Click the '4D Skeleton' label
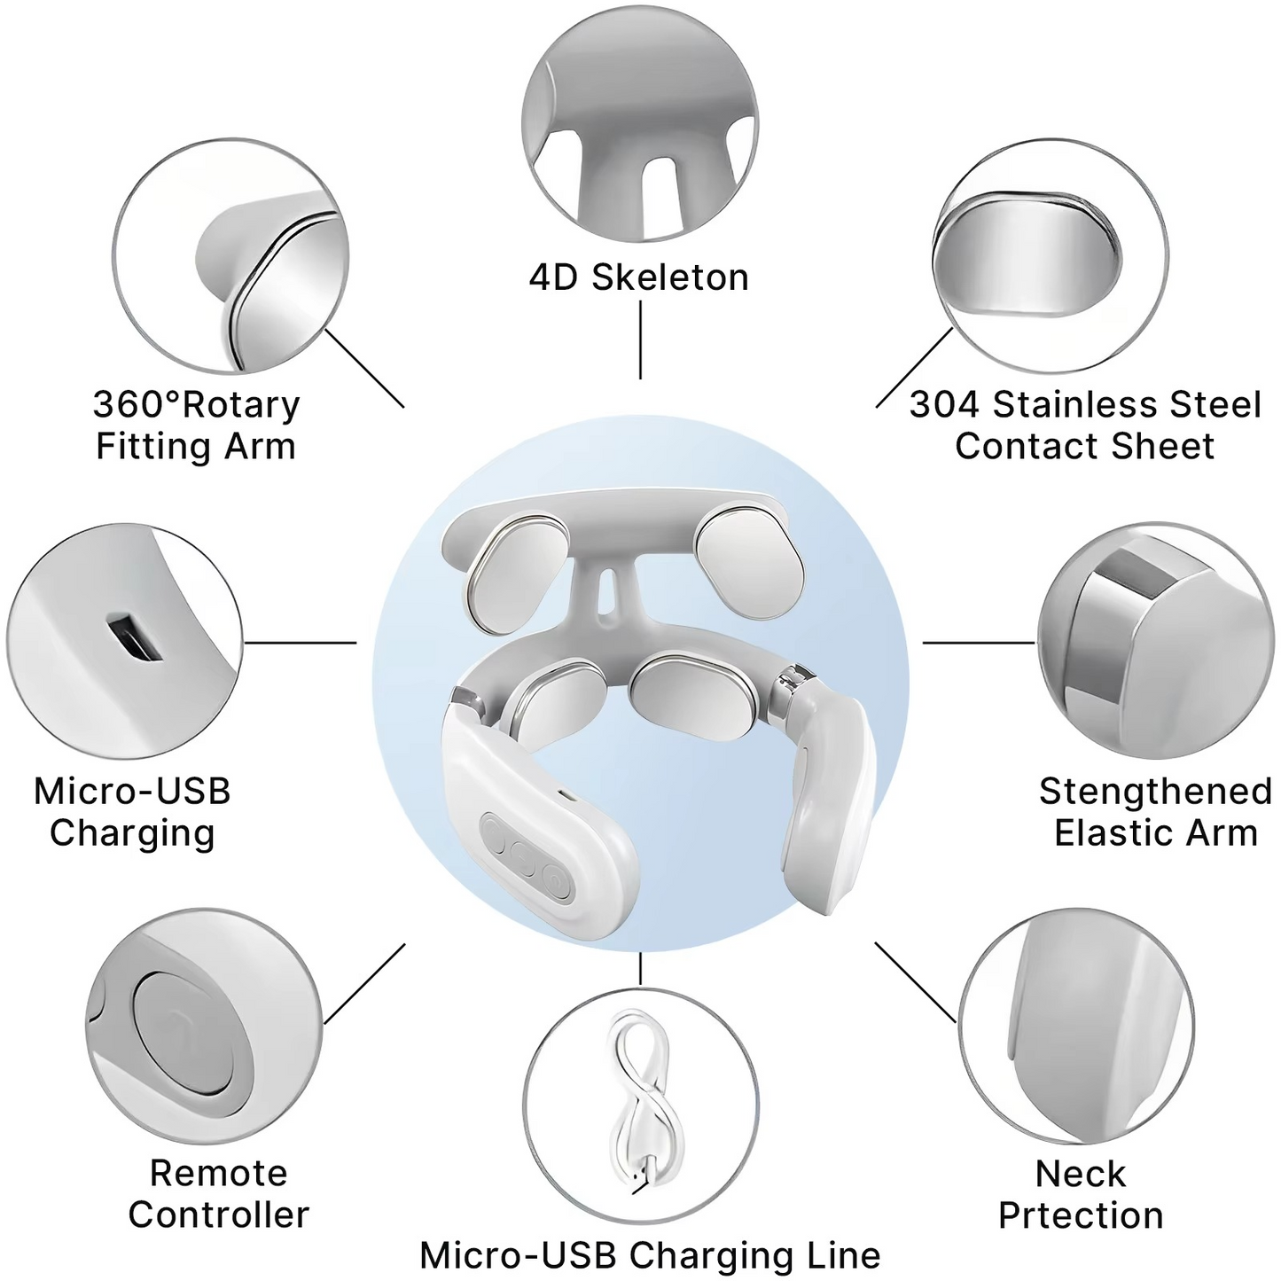(638, 277)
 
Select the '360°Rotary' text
(196, 405)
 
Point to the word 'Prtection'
(1081, 1215)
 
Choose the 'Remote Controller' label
(218, 1193)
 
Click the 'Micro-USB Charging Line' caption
(650, 1255)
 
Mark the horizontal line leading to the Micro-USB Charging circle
(300, 642)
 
